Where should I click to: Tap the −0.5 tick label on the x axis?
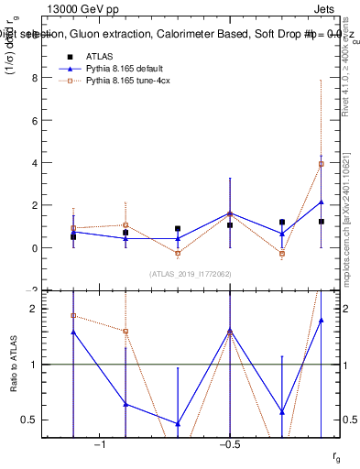[x=228, y=444]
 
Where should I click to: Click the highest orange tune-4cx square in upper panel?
[x=321, y=164]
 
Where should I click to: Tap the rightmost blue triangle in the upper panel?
[x=321, y=202]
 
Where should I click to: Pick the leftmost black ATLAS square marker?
[x=73, y=236]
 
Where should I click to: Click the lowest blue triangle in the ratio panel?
[x=178, y=424]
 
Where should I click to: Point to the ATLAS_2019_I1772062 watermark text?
[x=191, y=274]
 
